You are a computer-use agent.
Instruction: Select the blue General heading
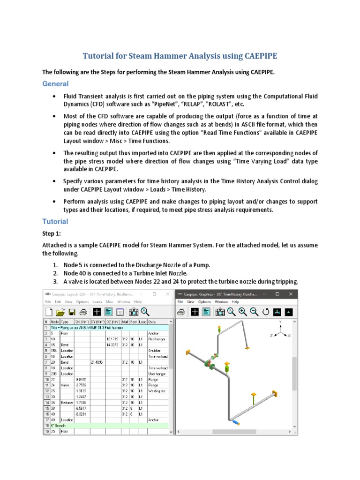click(55, 83)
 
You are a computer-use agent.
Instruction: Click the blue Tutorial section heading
click(55, 221)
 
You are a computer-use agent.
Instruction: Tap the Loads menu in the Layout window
click(97, 302)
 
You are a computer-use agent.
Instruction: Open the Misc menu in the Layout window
click(109, 302)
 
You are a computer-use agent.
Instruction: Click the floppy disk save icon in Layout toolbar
click(72, 312)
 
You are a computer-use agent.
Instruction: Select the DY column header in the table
click(97, 322)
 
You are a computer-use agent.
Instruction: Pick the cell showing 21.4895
click(97, 362)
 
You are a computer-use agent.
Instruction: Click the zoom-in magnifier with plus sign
click(229, 312)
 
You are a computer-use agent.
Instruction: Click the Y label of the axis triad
click(280, 323)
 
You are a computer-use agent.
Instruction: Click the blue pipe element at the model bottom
click(236, 423)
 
